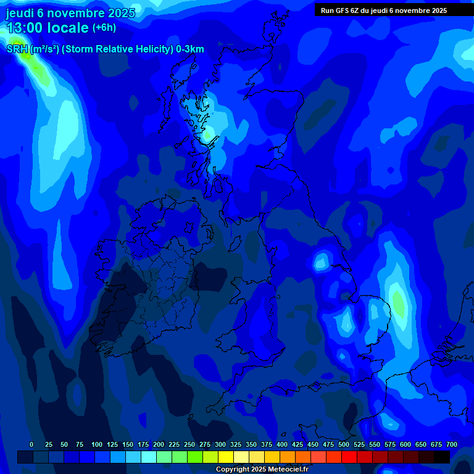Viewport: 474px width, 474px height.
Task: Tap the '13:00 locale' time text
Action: click(x=48, y=28)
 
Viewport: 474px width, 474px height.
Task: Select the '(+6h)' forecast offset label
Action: click(x=104, y=28)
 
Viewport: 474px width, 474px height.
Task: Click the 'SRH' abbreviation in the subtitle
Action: click(x=17, y=49)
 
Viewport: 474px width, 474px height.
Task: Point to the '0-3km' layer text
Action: click(x=189, y=49)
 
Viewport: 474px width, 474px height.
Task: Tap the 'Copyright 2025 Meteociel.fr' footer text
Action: click(x=262, y=470)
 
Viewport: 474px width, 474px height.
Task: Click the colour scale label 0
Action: click(x=31, y=444)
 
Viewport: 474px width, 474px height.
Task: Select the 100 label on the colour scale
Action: click(x=97, y=444)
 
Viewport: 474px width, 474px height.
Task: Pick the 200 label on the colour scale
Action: click(x=159, y=444)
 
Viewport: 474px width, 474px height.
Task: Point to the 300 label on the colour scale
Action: click(x=220, y=444)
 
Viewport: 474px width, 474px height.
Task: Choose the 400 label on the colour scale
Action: click(x=282, y=444)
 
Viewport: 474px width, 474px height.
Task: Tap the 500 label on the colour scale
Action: click(x=344, y=444)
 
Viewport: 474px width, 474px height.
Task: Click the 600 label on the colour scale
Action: click(x=405, y=444)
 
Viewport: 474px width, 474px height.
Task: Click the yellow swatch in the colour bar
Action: click(x=226, y=457)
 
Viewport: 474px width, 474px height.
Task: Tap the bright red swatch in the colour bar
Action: click(x=349, y=457)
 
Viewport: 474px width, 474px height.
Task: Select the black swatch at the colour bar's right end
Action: click(x=442, y=457)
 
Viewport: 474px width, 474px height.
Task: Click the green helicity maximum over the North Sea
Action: click(x=399, y=302)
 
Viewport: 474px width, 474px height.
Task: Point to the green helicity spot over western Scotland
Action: click(x=209, y=133)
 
